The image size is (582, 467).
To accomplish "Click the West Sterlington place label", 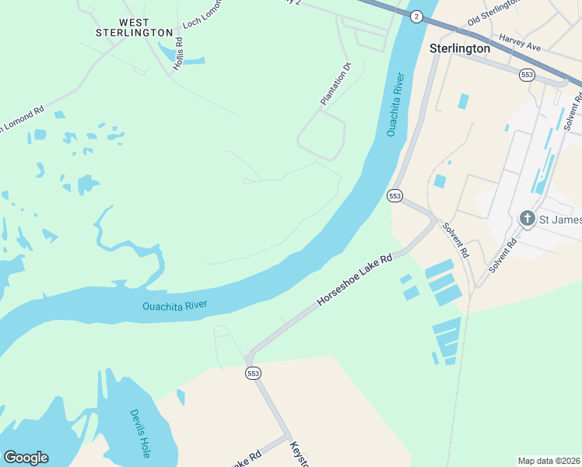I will tap(134, 27).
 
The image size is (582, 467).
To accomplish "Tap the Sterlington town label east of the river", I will tap(460, 48).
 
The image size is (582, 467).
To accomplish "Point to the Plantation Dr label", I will tap(336, 84).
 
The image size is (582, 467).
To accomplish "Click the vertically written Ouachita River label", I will tap(396, 105).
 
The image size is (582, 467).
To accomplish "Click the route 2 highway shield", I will tap(416, 16).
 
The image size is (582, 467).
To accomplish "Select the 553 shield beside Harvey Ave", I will tap(528, 74).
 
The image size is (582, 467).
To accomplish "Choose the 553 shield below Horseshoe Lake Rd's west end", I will tap(253, 374).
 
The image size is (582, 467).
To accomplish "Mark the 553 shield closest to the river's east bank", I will tap(394, 196).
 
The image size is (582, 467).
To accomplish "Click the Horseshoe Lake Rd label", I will tap(354, 279).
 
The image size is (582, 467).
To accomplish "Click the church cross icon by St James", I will tap(528, 218).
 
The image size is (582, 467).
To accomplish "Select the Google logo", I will tap(26, 458).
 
